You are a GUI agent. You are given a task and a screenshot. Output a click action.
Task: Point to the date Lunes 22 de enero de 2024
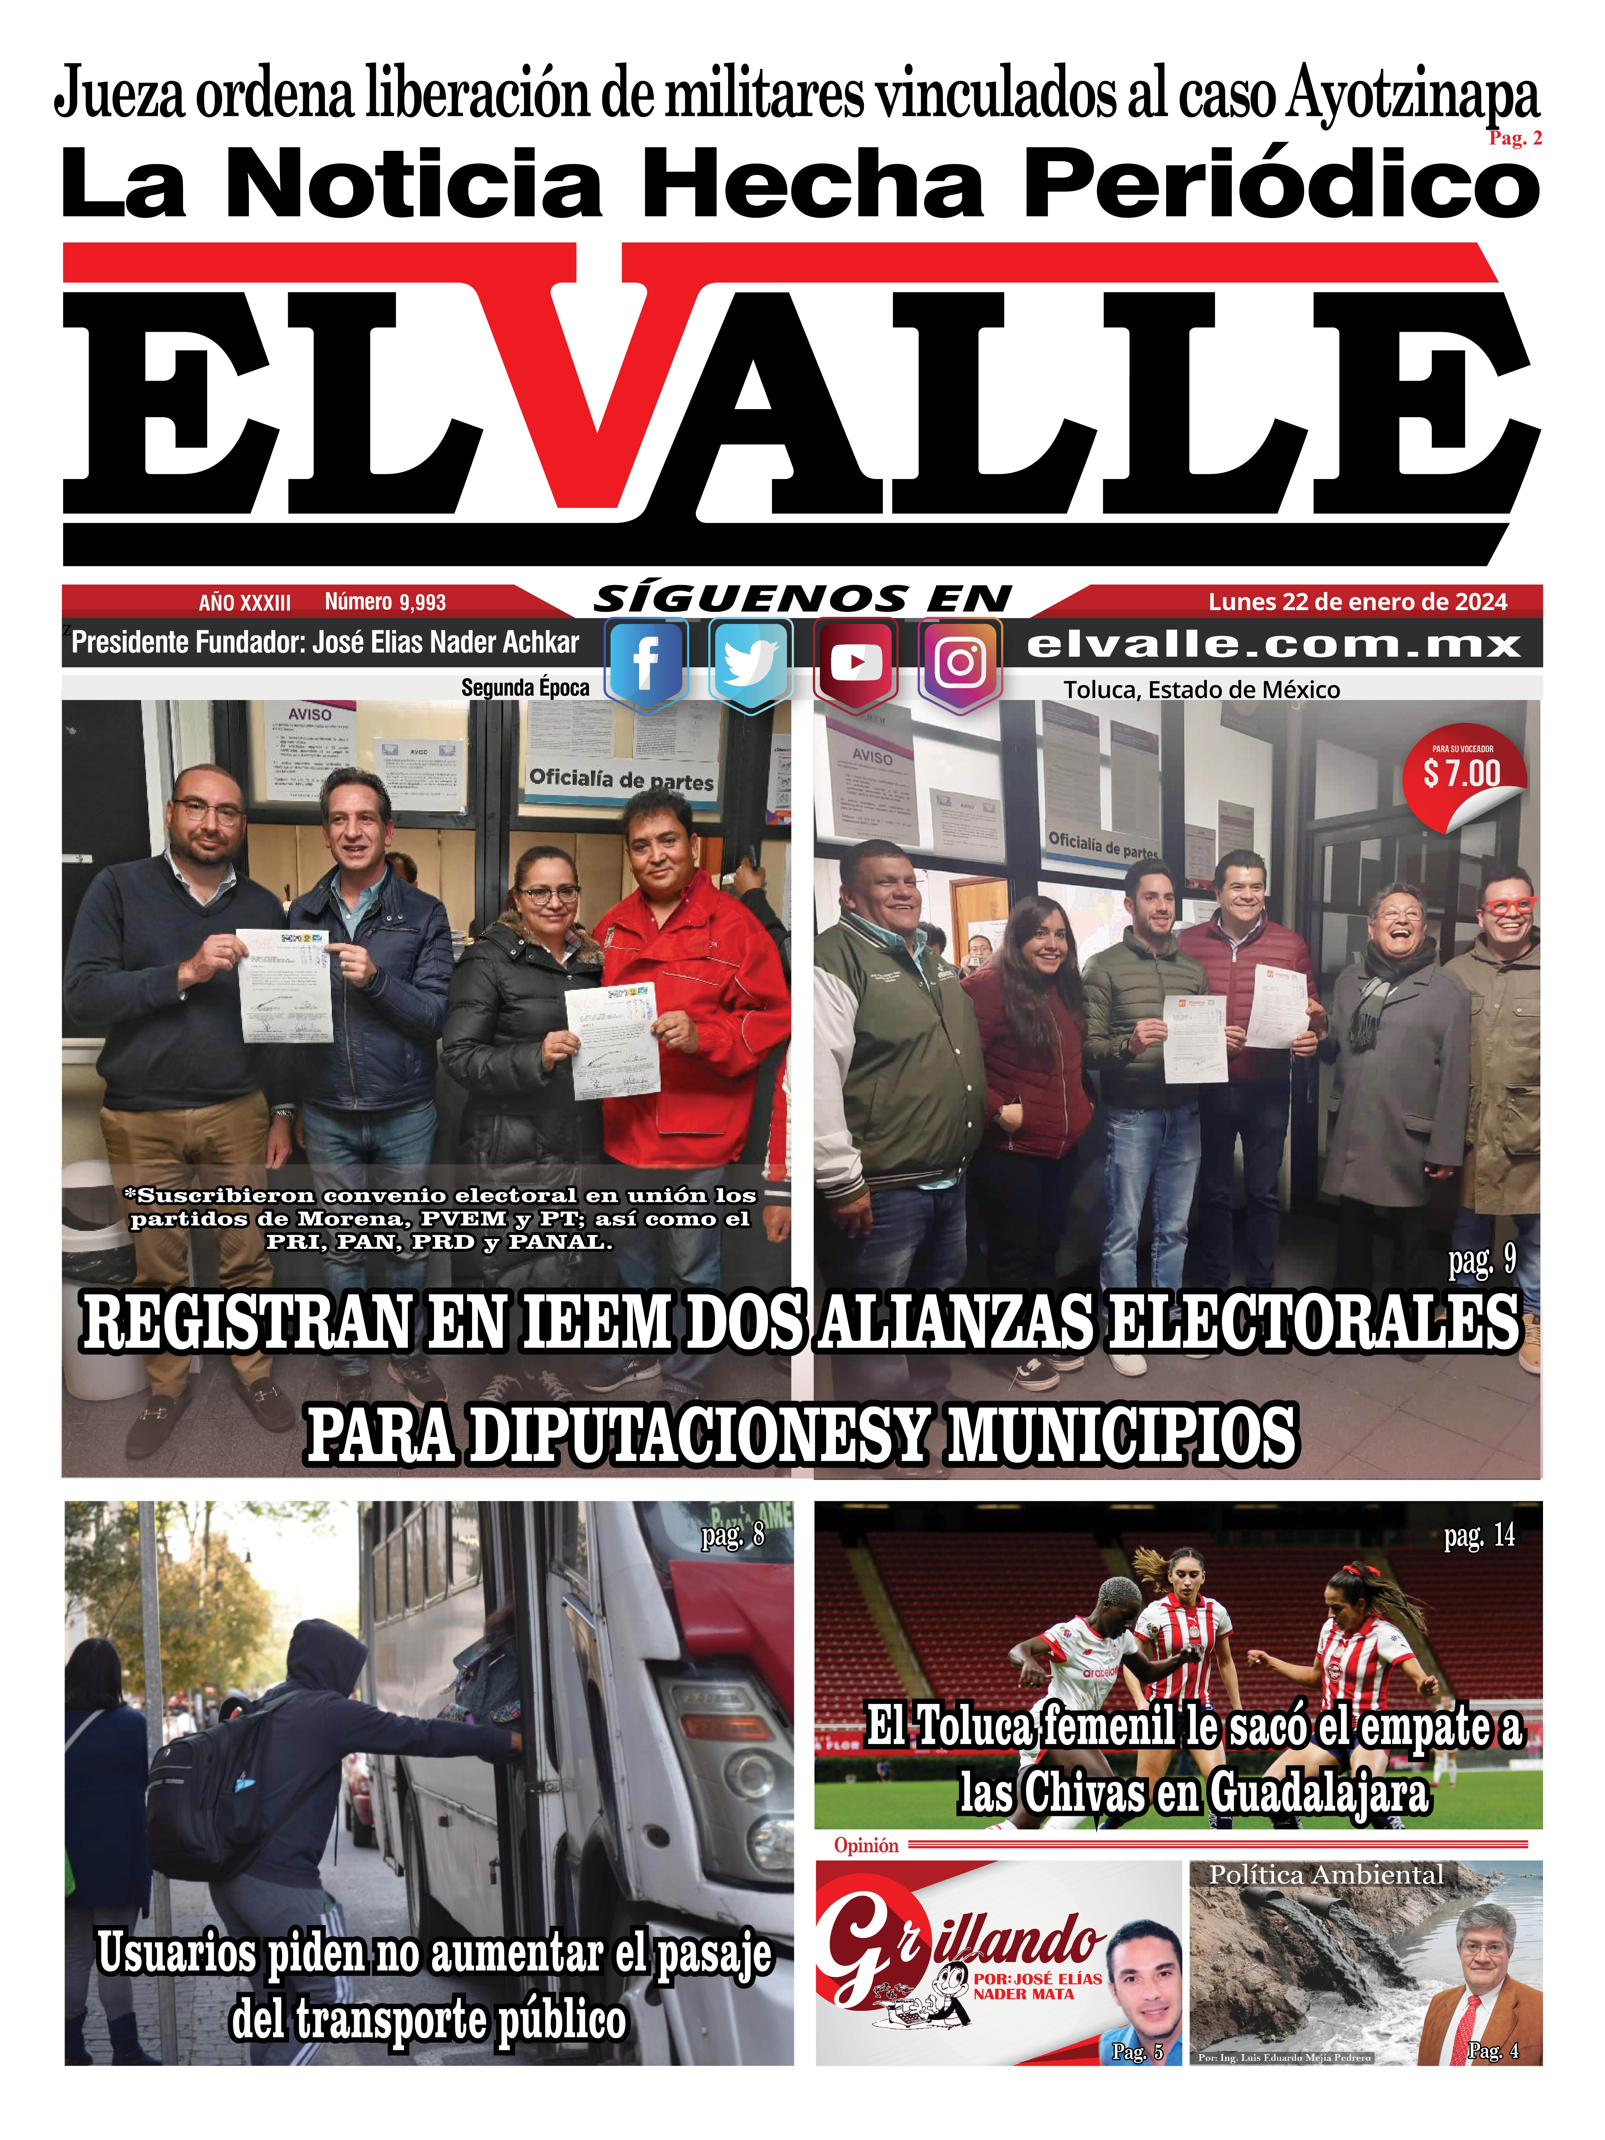coord(1357,602)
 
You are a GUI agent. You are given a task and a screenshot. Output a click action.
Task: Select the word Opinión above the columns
coord(866,1845)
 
